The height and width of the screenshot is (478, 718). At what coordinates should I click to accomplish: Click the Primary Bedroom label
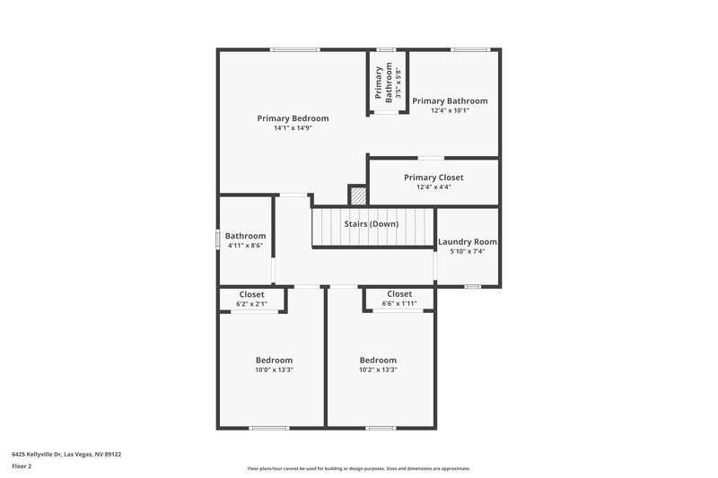click(293, 118)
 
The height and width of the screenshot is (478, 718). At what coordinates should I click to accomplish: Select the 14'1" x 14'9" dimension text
click(293, 128)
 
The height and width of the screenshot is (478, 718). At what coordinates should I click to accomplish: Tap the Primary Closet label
click(433, 178)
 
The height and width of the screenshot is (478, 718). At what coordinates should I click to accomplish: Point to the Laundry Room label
click(467, 242)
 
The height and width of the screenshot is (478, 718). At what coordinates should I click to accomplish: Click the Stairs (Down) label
click(372, 223)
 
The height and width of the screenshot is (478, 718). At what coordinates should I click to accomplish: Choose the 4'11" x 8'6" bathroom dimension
click(245, 245)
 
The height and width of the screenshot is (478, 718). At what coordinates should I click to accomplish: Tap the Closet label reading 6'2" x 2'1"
click(251, 294)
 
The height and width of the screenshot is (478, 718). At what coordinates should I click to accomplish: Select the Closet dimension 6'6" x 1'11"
click(399, 304)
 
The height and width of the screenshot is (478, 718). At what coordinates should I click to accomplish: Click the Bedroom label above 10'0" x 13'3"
click(274, 361)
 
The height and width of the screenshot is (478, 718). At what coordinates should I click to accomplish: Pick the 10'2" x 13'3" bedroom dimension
click(378, 369)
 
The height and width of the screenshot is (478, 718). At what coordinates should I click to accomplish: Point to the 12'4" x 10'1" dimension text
click(450, 110)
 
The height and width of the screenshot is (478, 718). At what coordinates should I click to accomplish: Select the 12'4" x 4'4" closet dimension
click(433, 187)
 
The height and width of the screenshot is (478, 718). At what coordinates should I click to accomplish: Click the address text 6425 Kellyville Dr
click(66, 454)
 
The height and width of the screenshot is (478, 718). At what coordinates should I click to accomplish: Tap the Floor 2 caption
click(22, 466)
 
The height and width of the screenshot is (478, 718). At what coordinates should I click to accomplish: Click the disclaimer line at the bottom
click(359, 468)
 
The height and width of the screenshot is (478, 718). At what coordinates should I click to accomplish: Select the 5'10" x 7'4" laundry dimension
click(467, 252)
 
